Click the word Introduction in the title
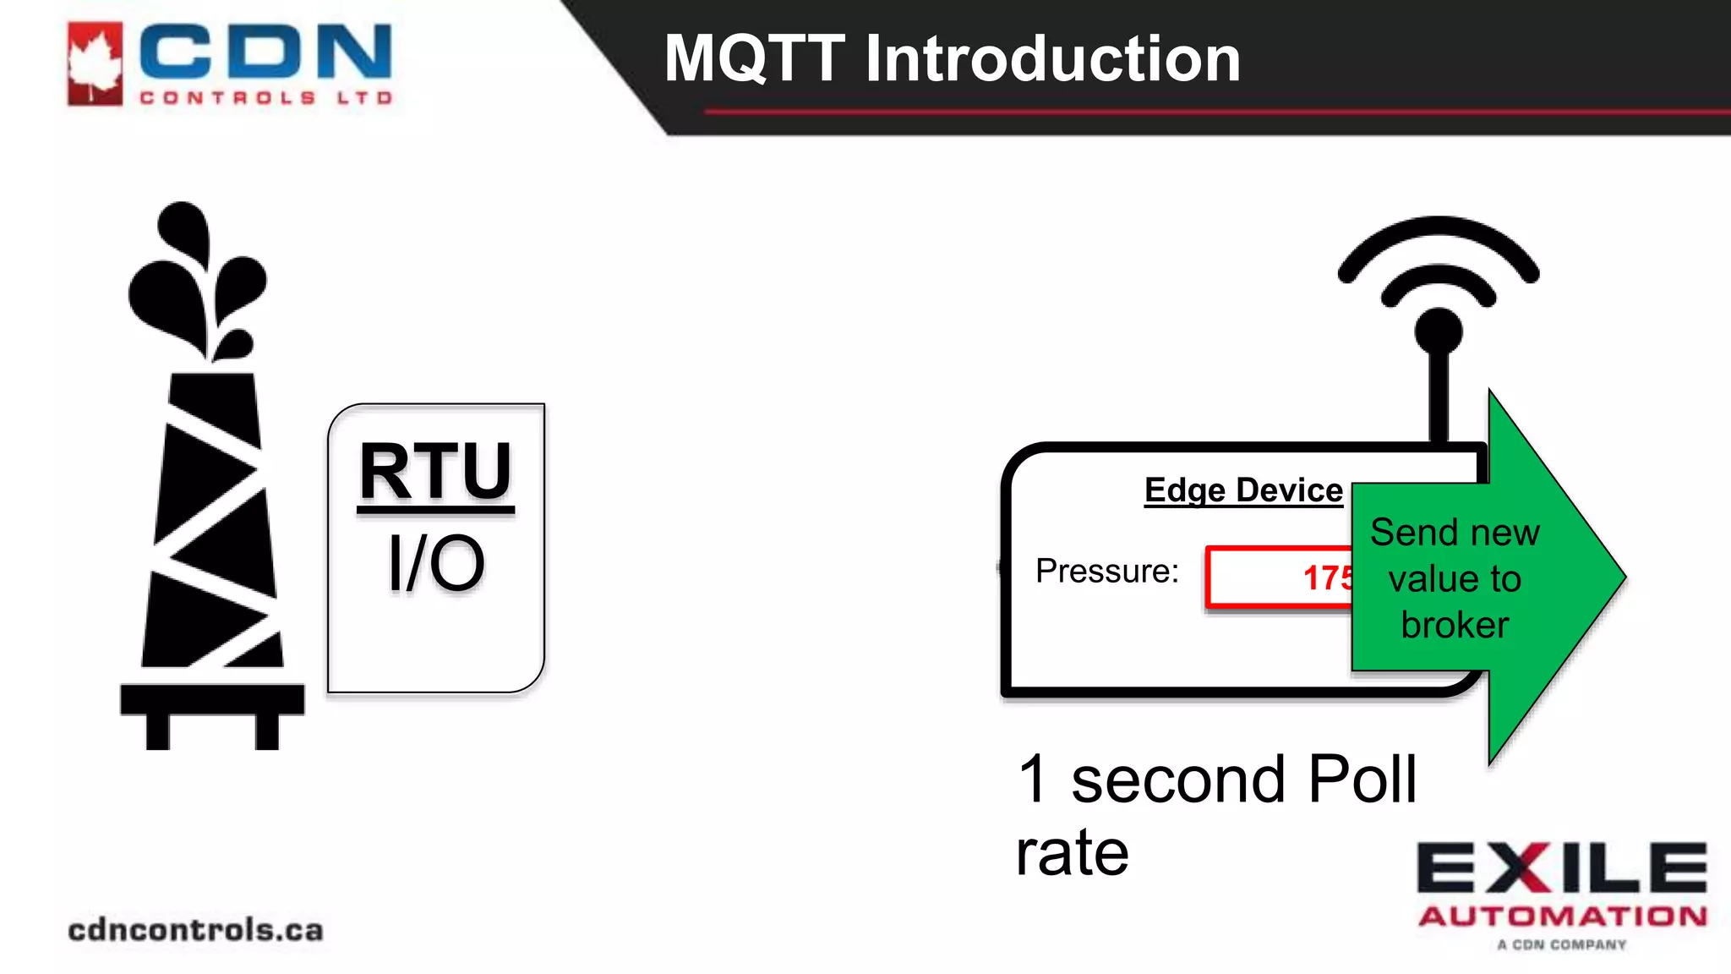(1052, 59)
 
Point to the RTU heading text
(435, 471)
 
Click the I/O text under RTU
(436, 563)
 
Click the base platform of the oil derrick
(212, 700)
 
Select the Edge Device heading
(1243, 490)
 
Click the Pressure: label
(1106, 572)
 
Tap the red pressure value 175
(1327, 578)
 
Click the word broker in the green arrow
(1455, 625)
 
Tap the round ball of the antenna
(1439, 331)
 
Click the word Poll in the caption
(1362, 779)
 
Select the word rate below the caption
(1072, 852)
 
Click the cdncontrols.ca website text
(195, 930)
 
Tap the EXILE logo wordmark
(1562, 867)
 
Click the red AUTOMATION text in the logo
(1562, 917)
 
